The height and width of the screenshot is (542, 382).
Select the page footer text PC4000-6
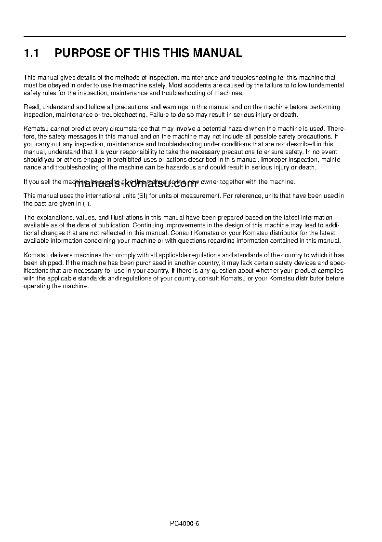[184, 523]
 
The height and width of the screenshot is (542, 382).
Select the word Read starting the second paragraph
[31, 107]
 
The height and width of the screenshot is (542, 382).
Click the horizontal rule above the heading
[184, 37]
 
